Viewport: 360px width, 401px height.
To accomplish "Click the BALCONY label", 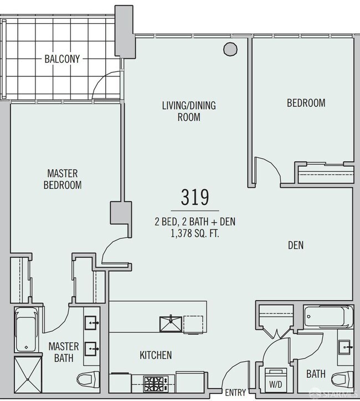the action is pos(62,59).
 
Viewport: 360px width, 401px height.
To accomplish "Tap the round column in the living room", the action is pos(230,49).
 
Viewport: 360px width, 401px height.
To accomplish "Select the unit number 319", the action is pos(195,197).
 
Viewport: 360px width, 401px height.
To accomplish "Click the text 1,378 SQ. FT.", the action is pos(195,234).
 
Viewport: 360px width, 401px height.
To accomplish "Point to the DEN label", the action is pos(296,245).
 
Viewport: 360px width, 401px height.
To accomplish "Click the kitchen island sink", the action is pos(171,324).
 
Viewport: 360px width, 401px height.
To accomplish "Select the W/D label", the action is pos(276,384).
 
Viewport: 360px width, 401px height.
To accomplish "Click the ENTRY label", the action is pos(235,392).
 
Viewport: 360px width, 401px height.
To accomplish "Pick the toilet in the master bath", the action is pos(88,379).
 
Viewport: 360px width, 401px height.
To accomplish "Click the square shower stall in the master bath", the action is pos(28,374).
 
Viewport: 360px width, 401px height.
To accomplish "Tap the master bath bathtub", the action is pos(26,331).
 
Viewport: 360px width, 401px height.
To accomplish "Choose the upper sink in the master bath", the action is pos(91,323).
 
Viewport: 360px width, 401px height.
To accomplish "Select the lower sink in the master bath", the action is pos(91,349).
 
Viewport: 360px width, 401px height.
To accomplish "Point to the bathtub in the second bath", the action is pos(328,316).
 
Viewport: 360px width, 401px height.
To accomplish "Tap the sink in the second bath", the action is pos(345,347).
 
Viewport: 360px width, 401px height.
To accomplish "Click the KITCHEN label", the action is pos(156,355).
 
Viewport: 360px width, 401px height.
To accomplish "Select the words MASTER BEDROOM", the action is pos(63,179).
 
